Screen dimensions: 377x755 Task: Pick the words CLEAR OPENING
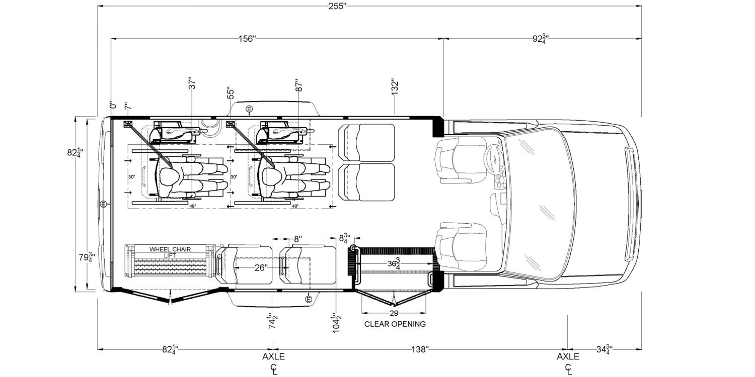(x=395, y=324)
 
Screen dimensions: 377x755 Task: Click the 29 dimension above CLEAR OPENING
(x=394, y=313)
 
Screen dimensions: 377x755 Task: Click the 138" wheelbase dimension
(x=419, y=348)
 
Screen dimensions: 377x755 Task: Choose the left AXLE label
(x=273, y=357)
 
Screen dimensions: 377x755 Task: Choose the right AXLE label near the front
(x=568, y=357)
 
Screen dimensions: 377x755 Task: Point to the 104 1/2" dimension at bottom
(x=335, y=322)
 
